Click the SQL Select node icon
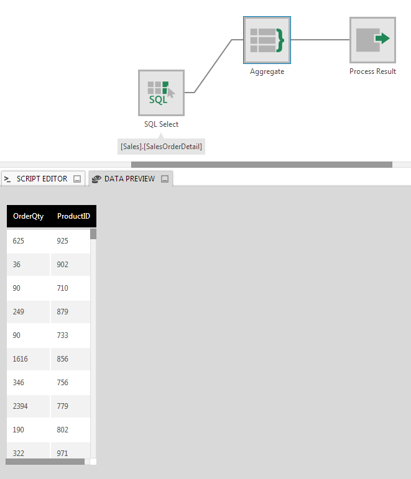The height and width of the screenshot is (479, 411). coord(161,93)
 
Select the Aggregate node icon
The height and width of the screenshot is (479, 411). coord(267,40)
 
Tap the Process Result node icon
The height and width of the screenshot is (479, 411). coord(372,40)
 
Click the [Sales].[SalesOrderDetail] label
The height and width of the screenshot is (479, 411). coord(161,147)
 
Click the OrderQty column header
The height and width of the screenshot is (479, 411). coord(29,216)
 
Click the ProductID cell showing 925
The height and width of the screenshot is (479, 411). coord(63,241)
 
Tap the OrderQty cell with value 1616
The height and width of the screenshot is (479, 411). coord(21,359)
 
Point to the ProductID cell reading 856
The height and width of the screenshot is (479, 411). coord(63,359)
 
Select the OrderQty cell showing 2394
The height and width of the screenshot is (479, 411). coord(21,406)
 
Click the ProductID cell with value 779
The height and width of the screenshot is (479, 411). coord(63,406)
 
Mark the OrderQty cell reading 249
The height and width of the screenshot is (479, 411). coord(19,312)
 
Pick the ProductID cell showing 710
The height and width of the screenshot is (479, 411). coord(63,288)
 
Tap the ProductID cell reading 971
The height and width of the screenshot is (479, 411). coord(63,454)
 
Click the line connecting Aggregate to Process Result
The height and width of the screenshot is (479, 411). coord(320,40)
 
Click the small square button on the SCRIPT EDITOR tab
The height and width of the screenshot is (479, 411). coord(77,179)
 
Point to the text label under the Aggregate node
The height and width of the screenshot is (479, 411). coord(267,71)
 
